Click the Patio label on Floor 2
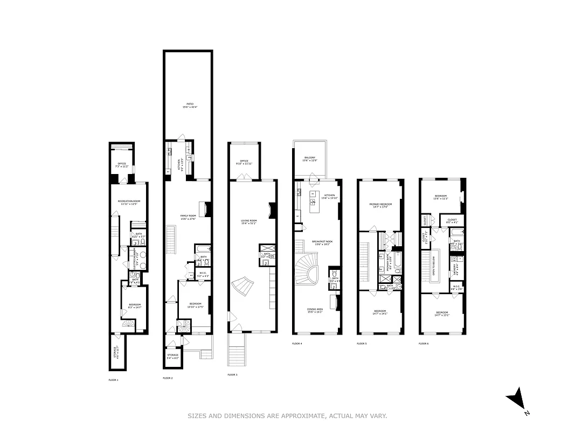(x=188, y=103)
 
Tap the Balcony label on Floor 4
(x=310, y=158)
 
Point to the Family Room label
(x=189, y=217)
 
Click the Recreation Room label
(x=129, y=202)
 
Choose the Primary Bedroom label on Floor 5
(x=380, y=205)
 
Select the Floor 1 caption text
(x=113, y=380)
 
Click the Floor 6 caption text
(x=424, y=343)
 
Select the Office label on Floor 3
(x=244, y=161)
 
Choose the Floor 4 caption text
(x=297, y=343)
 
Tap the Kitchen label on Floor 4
(x=329, y=196)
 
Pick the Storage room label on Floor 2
(x=172, y=356)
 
